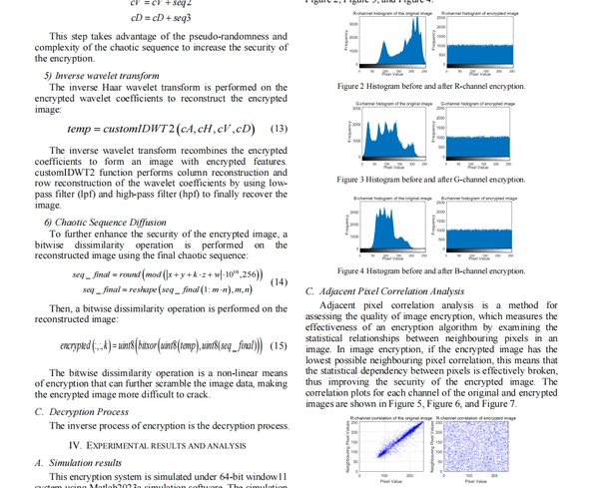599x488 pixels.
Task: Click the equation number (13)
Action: click(279, 129)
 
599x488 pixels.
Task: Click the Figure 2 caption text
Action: click(429, 86)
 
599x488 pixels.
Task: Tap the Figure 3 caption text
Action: click(429, 179)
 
